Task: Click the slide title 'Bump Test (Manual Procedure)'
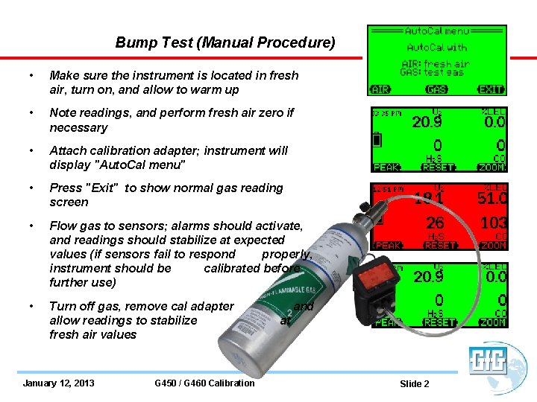point(225,42)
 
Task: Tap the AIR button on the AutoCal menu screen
point(380,89)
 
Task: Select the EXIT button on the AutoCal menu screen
point(491,89)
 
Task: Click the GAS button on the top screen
point(436,89)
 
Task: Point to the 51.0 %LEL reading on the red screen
point(492,199)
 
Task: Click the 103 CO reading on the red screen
point(494,223)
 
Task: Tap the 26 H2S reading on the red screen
point(435,223)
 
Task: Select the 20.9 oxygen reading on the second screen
point(427,121)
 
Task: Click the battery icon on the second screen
point(377,140)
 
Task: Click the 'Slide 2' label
point(415,384)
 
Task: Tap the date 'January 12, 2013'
point(59,383)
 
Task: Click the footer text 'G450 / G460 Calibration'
point(204,383)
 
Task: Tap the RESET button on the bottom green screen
point(439,322)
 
